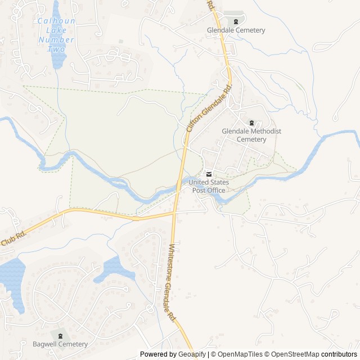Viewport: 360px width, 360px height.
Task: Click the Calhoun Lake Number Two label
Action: point(56,35)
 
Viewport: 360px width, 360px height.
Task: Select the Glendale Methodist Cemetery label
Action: point(251,135)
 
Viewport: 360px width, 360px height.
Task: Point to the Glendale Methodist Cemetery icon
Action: point(251,123)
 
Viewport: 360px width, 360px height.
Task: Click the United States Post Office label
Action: point(209,186)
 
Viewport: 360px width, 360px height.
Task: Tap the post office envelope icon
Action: point(209,173)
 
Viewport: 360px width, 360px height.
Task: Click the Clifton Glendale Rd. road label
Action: point(209,109)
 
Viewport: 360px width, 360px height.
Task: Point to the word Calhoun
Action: point(55,21)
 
